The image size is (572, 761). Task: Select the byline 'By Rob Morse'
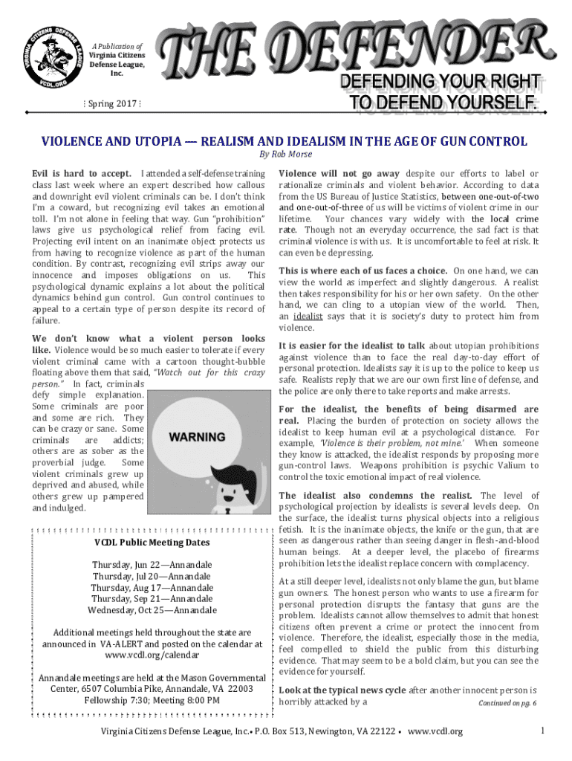[x=285, y=154]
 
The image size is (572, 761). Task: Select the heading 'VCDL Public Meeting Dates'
[x=152, y=543]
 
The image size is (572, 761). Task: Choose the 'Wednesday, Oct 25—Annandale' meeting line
[x=152, y=610]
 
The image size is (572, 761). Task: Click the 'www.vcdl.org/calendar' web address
[x=152, y=655]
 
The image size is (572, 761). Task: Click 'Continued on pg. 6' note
[x=507, y=703]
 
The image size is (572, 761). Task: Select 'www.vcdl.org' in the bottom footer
[x=435, y=732]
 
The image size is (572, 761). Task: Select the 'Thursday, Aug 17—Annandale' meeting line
[x=152, y=587]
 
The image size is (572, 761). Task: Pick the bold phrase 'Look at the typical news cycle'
[x=342, y=690]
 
